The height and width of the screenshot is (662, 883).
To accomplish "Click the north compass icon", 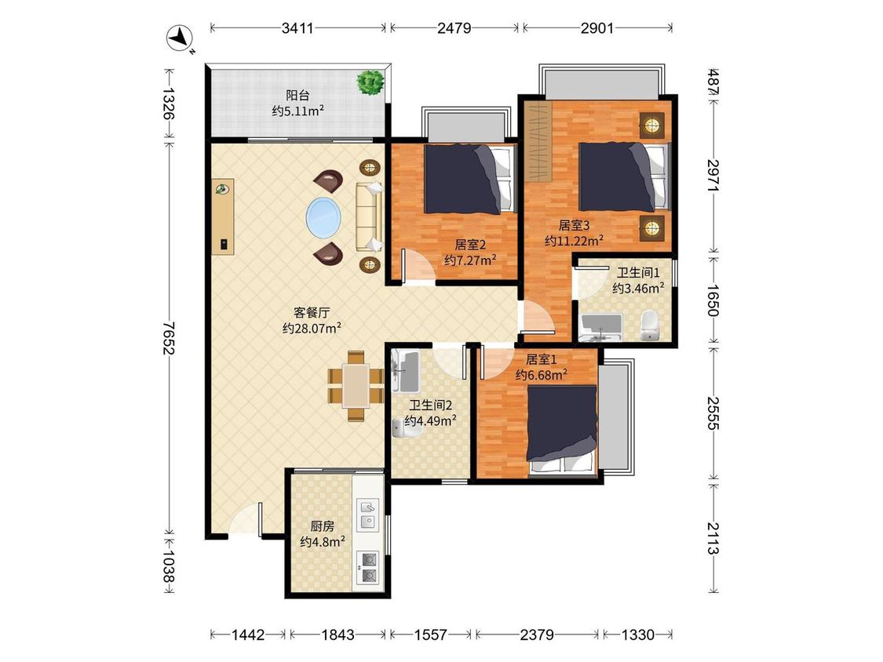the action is point(181,39).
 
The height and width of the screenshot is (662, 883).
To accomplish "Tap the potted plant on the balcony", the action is point(370,82).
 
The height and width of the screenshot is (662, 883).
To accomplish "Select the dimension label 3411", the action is point(297,27).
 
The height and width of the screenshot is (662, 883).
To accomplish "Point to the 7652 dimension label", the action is point(168,338).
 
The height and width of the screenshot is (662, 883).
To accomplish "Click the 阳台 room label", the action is point(297,95).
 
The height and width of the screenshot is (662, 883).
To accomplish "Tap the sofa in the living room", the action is point(369,216).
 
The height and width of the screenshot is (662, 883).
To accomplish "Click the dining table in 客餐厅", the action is point(356,386).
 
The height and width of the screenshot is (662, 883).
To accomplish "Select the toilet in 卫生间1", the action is point(650,326).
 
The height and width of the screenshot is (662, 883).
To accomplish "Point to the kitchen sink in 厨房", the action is point(368,515).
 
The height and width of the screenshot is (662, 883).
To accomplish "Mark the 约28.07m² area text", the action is point(312,328).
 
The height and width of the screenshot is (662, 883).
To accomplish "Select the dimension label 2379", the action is point(537,635).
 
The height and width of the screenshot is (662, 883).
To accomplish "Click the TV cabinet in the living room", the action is point(223,217).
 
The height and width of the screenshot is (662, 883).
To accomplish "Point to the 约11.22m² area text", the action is point(574,241).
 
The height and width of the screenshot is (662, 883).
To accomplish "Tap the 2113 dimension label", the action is point(713,537).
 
